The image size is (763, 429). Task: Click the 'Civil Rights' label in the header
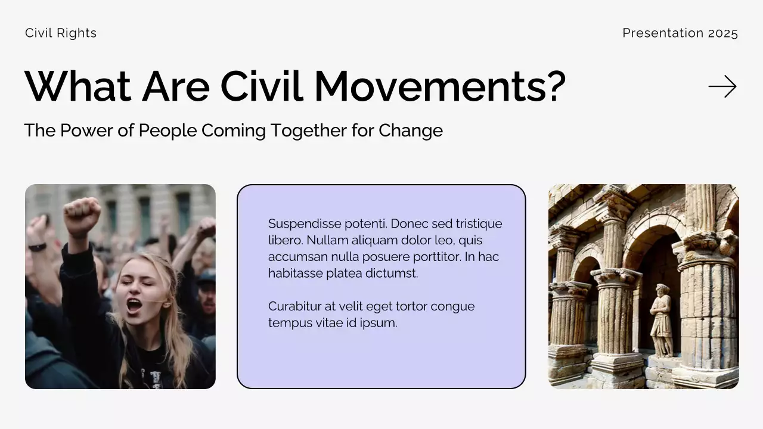coord(61,33)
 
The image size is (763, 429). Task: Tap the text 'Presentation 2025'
coord(680,33)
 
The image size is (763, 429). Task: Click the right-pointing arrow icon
coord(722,87)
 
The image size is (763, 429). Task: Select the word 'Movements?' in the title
coord(440,87)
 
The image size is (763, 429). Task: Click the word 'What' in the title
coord(77,87)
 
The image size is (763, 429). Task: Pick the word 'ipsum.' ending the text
coord(379,324)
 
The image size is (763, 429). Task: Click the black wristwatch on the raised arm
coord(37,247)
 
